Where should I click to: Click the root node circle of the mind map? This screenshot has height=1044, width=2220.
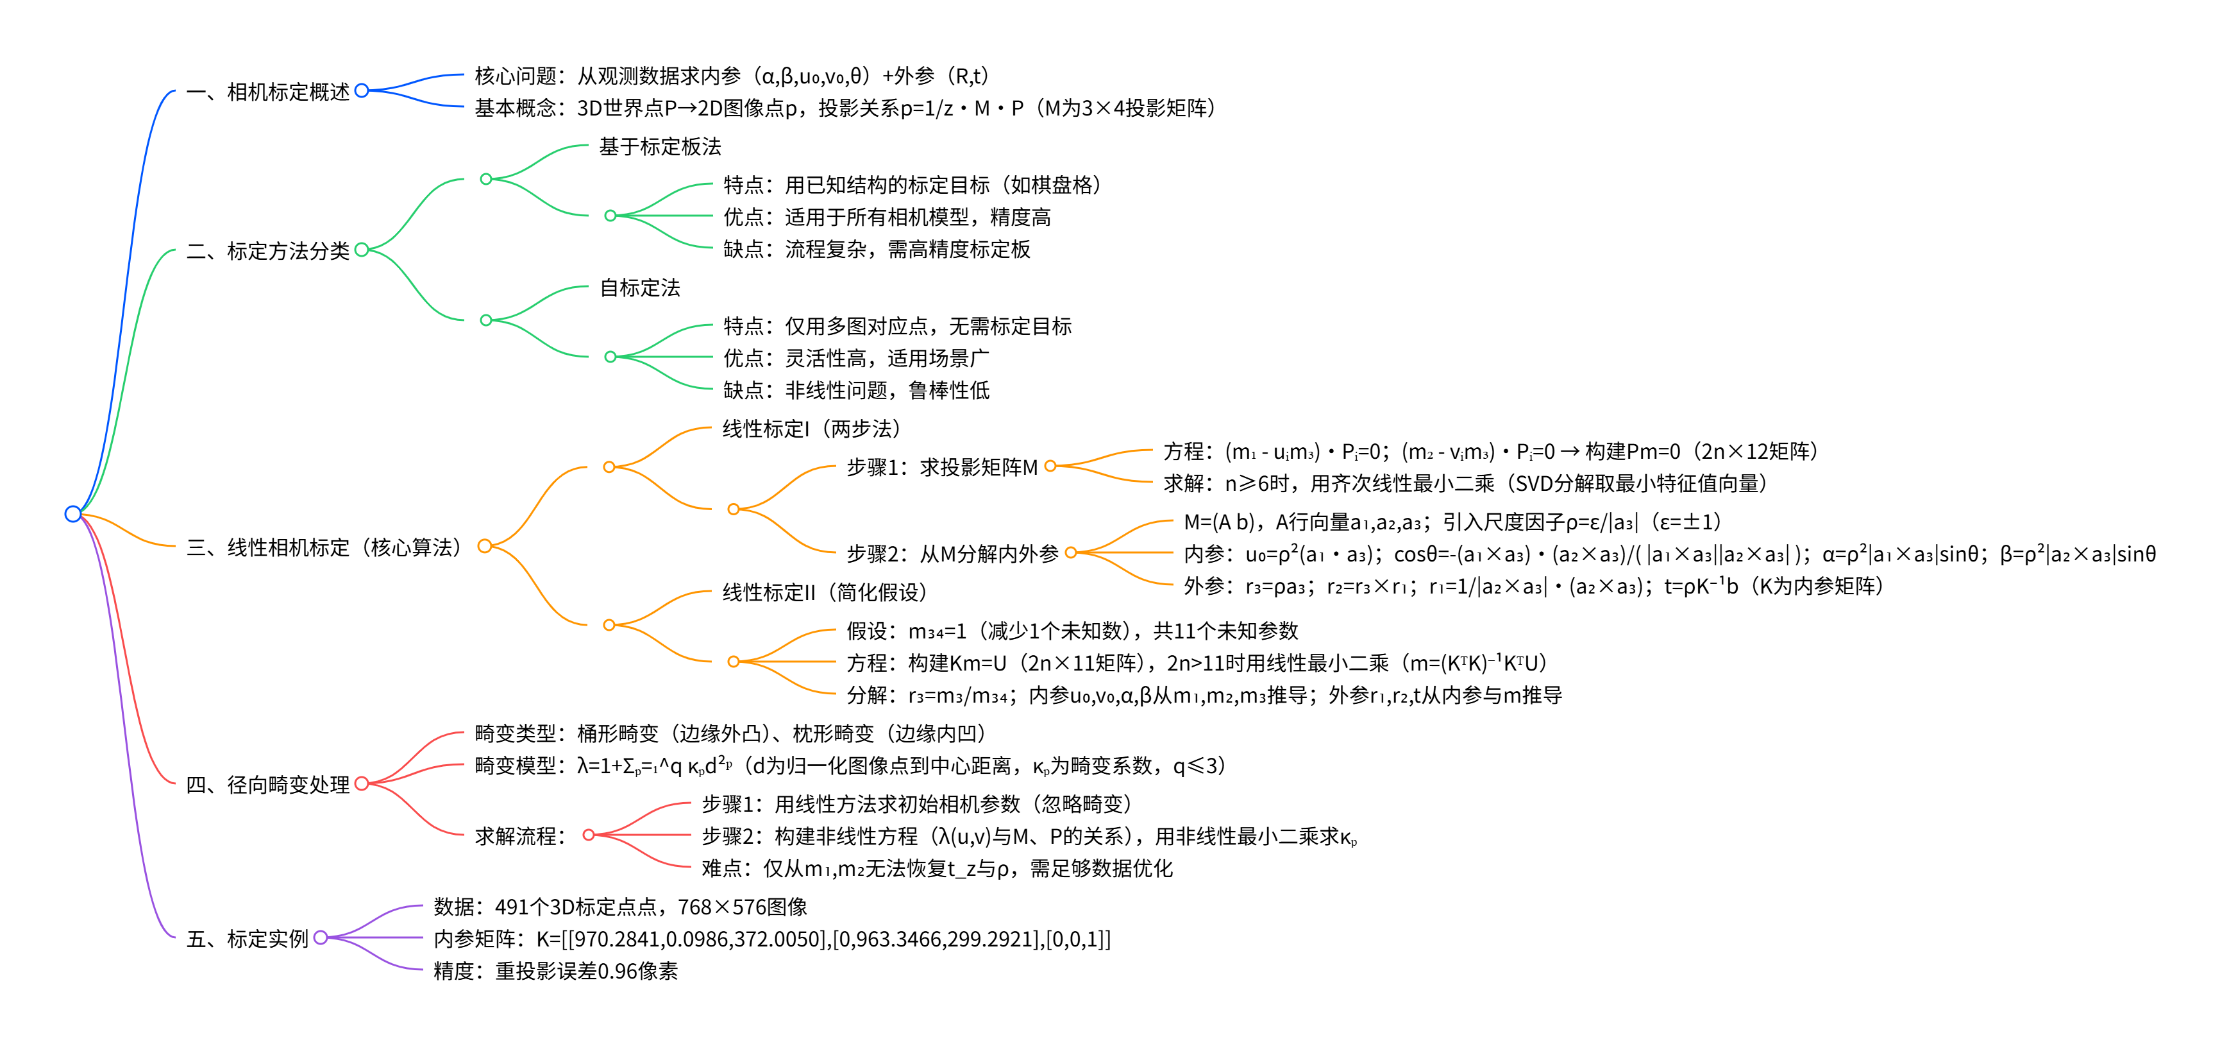(x=73, y=514)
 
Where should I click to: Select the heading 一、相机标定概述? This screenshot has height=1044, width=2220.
(x=267, y=91)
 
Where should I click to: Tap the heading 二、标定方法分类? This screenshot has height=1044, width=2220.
(x=267, y=251)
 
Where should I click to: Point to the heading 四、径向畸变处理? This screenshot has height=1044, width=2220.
(x=267, y=785)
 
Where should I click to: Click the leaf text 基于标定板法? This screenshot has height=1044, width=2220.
(x=660, y=146)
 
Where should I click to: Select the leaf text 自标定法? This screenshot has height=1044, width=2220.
(x=639, y=288)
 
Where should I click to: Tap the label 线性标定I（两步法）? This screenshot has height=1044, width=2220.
(x=812, y=429)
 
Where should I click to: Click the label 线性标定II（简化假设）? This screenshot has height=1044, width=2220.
(x=825, y=592)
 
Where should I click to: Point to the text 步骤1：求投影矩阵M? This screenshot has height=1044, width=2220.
(x=942, y=467)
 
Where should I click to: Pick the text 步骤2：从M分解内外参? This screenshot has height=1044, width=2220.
(x=952, y=554)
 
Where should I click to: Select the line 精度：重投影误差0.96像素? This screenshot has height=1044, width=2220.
(x=556, y=971)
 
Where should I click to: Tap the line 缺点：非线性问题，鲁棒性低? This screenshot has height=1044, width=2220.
(x=857, y=391)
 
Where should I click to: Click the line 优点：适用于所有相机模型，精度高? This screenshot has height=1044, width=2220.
(x=887, y=218)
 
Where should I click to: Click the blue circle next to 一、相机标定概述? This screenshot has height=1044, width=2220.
(x=362, y=90)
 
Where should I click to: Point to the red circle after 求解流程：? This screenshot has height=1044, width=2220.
(x=589, y=835)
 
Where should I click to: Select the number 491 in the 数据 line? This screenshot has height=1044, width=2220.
(x=512, y=907)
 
